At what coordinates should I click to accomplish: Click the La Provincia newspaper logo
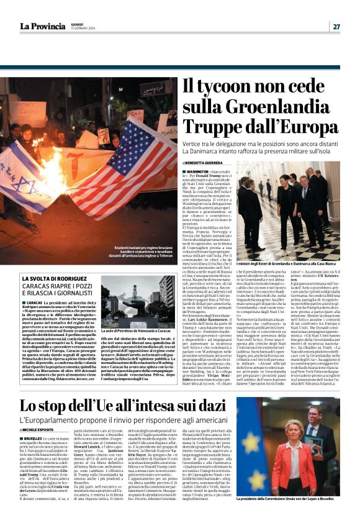[x=42, y=26]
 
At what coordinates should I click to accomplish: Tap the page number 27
[x=336, y=26]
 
